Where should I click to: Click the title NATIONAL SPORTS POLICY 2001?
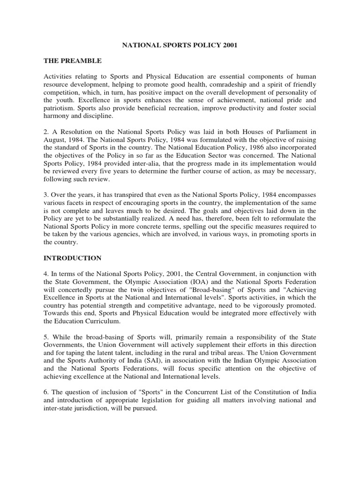(180, 47)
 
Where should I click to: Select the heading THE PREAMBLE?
(73, 61)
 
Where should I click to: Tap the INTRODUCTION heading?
(73, 258)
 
